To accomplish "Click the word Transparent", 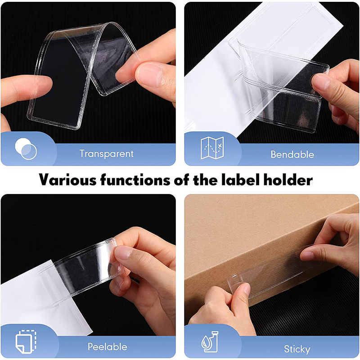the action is [107, 153].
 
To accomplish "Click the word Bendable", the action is [292, 154].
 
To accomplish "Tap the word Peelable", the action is [108, 346].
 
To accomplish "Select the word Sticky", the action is [297, 349].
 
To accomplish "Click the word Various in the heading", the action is [68, 180].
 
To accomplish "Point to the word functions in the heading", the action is [135, 180].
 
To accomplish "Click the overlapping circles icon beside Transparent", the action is [26, 149].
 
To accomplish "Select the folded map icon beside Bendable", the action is [212, 148].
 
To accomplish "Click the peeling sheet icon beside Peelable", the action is [26, 342].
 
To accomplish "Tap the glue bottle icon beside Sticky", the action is [210, 342].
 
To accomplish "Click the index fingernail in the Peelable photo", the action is [122, 251].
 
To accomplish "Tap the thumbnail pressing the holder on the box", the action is [246, 289].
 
